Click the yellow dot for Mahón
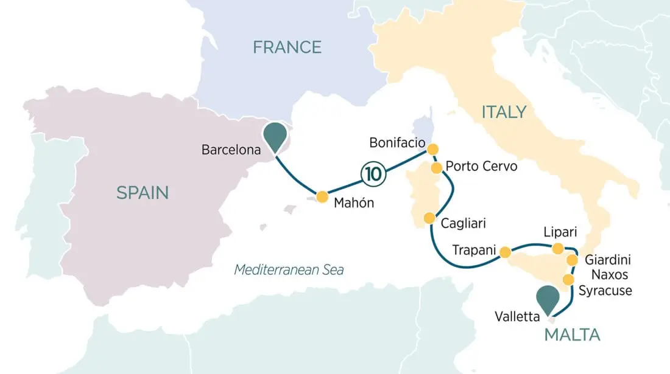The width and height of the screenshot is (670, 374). pos(322,196)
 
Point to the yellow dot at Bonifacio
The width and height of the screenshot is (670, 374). pos(432,149)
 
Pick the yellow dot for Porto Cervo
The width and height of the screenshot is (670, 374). pos(437,167)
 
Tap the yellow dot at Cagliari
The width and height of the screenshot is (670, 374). pos(429,218)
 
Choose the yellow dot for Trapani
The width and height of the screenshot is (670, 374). pos(505,251)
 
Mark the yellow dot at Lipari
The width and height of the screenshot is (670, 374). pos(557,248)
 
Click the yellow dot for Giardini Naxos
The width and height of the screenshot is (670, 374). pos(573,260)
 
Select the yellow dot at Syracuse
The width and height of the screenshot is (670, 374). pos(568,280)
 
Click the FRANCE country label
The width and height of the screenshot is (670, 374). pos(287,47)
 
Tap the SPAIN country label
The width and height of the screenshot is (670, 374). pos(143,193)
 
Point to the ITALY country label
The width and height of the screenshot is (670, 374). pos(504,112)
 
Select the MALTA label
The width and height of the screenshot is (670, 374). pos(572,334)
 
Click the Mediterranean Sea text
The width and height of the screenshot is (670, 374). pos(289,269)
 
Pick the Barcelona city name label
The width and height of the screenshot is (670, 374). pos(230,149)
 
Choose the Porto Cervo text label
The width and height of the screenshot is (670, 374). pos(481,166)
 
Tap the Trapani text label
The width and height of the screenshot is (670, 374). pos(472,251)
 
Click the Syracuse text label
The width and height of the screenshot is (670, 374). pos(605,291)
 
